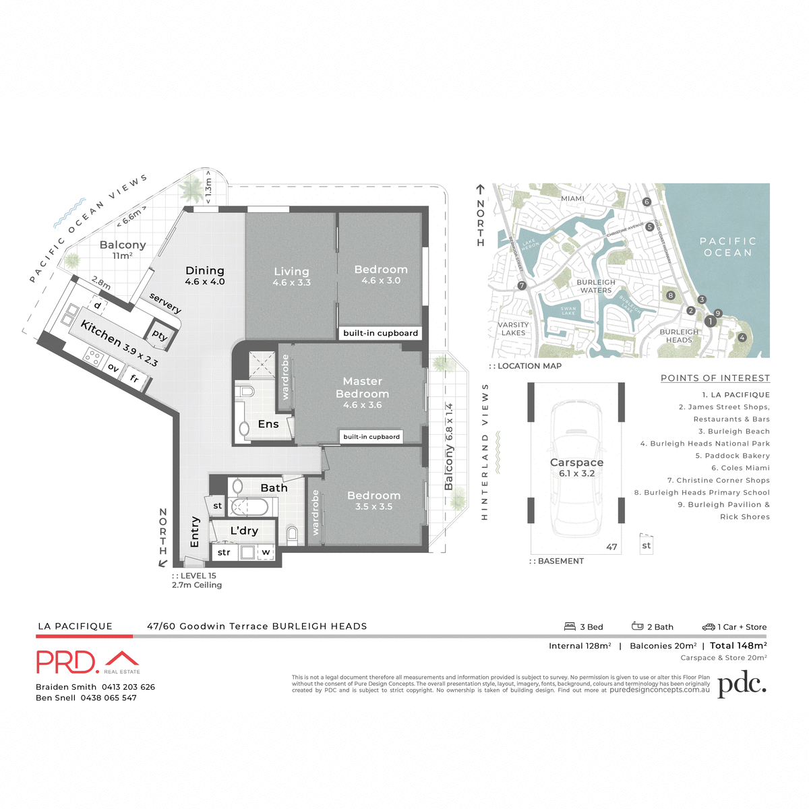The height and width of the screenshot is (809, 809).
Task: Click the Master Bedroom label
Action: pyautogui.click(x=362, y=388)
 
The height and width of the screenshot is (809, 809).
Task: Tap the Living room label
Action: pyautogui.click(x=291, y=272)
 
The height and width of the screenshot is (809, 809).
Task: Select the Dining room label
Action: pyautogui.click(x=205, y=270)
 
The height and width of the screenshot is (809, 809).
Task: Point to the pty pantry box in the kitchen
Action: pyautogui.click(x=160, y=335)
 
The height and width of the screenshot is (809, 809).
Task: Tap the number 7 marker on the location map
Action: pyautogui.click(x=521, y=286)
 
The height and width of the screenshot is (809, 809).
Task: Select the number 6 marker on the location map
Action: pyautogui.click(x=647, y=202)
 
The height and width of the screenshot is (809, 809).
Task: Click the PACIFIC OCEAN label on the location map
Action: pyautogui.click(x=727, y=247)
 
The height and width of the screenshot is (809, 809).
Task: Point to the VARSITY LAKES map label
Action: pyautogui.click(x=513, y=328)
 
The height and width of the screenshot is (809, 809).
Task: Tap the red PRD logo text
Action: pyautogui.click(x=67, y=662)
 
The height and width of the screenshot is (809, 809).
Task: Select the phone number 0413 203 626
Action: pyautogui.click(x=128, y=687)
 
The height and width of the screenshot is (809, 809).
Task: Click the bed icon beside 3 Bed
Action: pyautogui.click(x=570, y=626)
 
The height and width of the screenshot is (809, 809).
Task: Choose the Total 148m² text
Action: pyautogui.click(x=738, y=646)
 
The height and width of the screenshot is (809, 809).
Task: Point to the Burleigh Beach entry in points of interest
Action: pyautogui.click(x=739, y=431)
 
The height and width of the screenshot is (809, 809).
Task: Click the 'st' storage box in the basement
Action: pyautogui.click(x=646, y=545)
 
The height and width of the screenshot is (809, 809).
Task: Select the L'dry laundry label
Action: pyautogui.click(x=244, y=531)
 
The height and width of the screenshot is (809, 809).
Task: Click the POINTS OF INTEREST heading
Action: pyautogui.click(x=715, y=378)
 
